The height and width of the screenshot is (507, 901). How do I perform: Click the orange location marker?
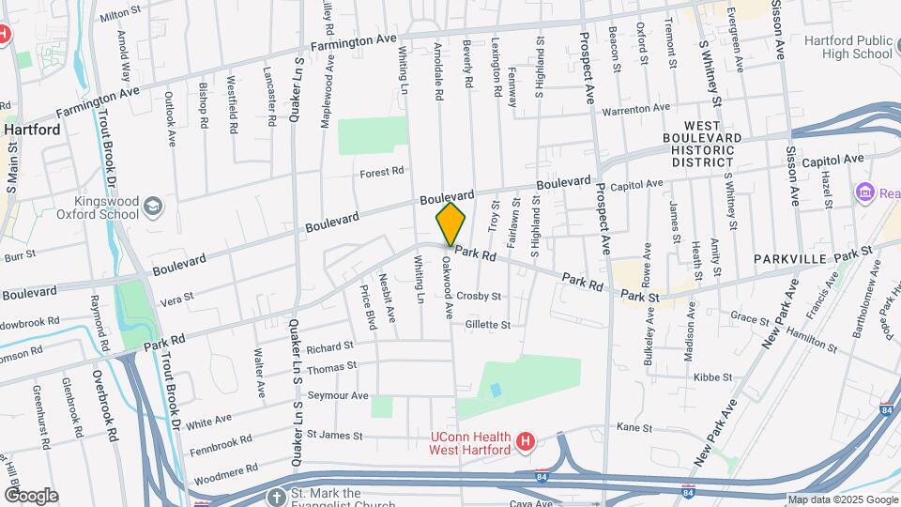(x=451, y=224)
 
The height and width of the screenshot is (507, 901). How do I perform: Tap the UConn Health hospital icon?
(x=526, y=440)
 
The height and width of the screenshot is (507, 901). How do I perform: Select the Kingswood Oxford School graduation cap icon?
(x=152, y=206)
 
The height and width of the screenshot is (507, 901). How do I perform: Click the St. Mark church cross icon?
(x=277, y=497)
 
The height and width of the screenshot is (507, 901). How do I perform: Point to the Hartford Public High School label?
(x=848, y=47)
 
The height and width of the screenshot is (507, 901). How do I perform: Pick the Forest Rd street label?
(x=382, y=172)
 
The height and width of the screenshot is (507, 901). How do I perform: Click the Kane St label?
(x=634, y=427)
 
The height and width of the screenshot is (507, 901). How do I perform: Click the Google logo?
(x=31, y=495)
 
